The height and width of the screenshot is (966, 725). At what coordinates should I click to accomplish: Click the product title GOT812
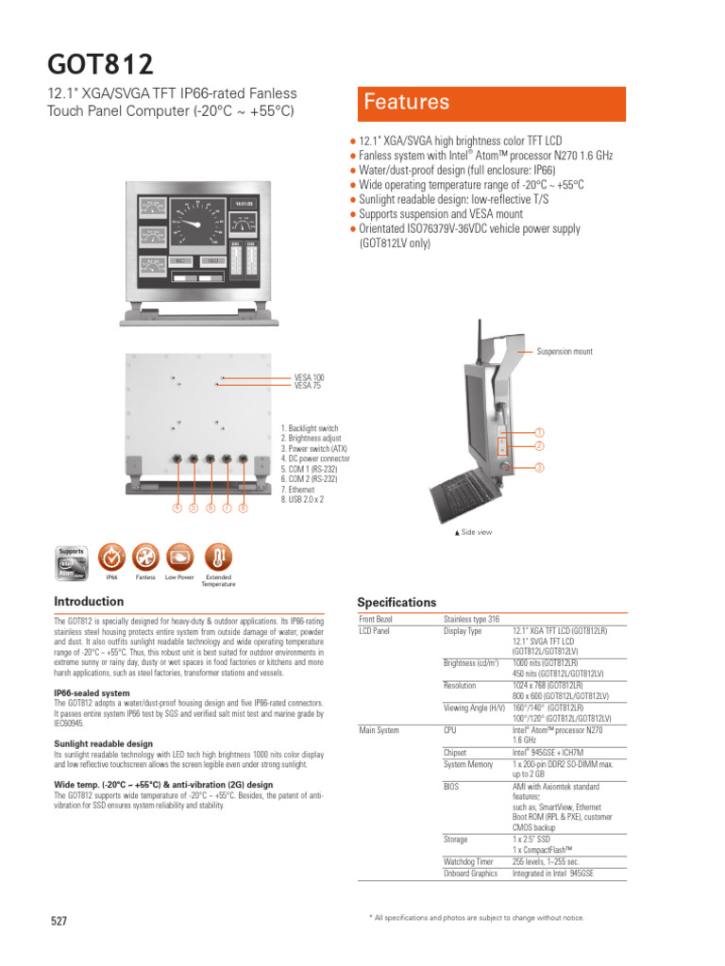(x=100, y=65)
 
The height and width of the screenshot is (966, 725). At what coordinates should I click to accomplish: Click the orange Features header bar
(x=490, y=103)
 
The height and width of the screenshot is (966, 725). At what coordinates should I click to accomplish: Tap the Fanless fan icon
(x=145, y=557)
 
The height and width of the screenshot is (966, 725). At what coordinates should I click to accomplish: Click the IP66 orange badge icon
(x=111, y=557)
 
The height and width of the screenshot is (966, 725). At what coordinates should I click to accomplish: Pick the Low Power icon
(x=179, y=557)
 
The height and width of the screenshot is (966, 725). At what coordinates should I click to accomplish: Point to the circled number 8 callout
(x=244, y=508)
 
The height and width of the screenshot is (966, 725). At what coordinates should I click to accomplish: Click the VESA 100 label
(x=309, y=377)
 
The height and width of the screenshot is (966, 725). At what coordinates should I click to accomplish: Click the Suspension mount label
(x=565, y=351)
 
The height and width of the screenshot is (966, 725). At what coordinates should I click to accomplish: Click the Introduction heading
(x=89, y=601)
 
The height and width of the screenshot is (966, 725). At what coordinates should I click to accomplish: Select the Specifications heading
(x=396, y=602)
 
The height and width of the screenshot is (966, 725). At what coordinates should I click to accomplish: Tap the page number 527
(x=59, y=921)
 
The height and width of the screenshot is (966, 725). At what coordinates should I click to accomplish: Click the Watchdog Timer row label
(x=468, y=861)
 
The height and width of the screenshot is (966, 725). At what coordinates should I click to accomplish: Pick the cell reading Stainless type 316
(x=472, y=619)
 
